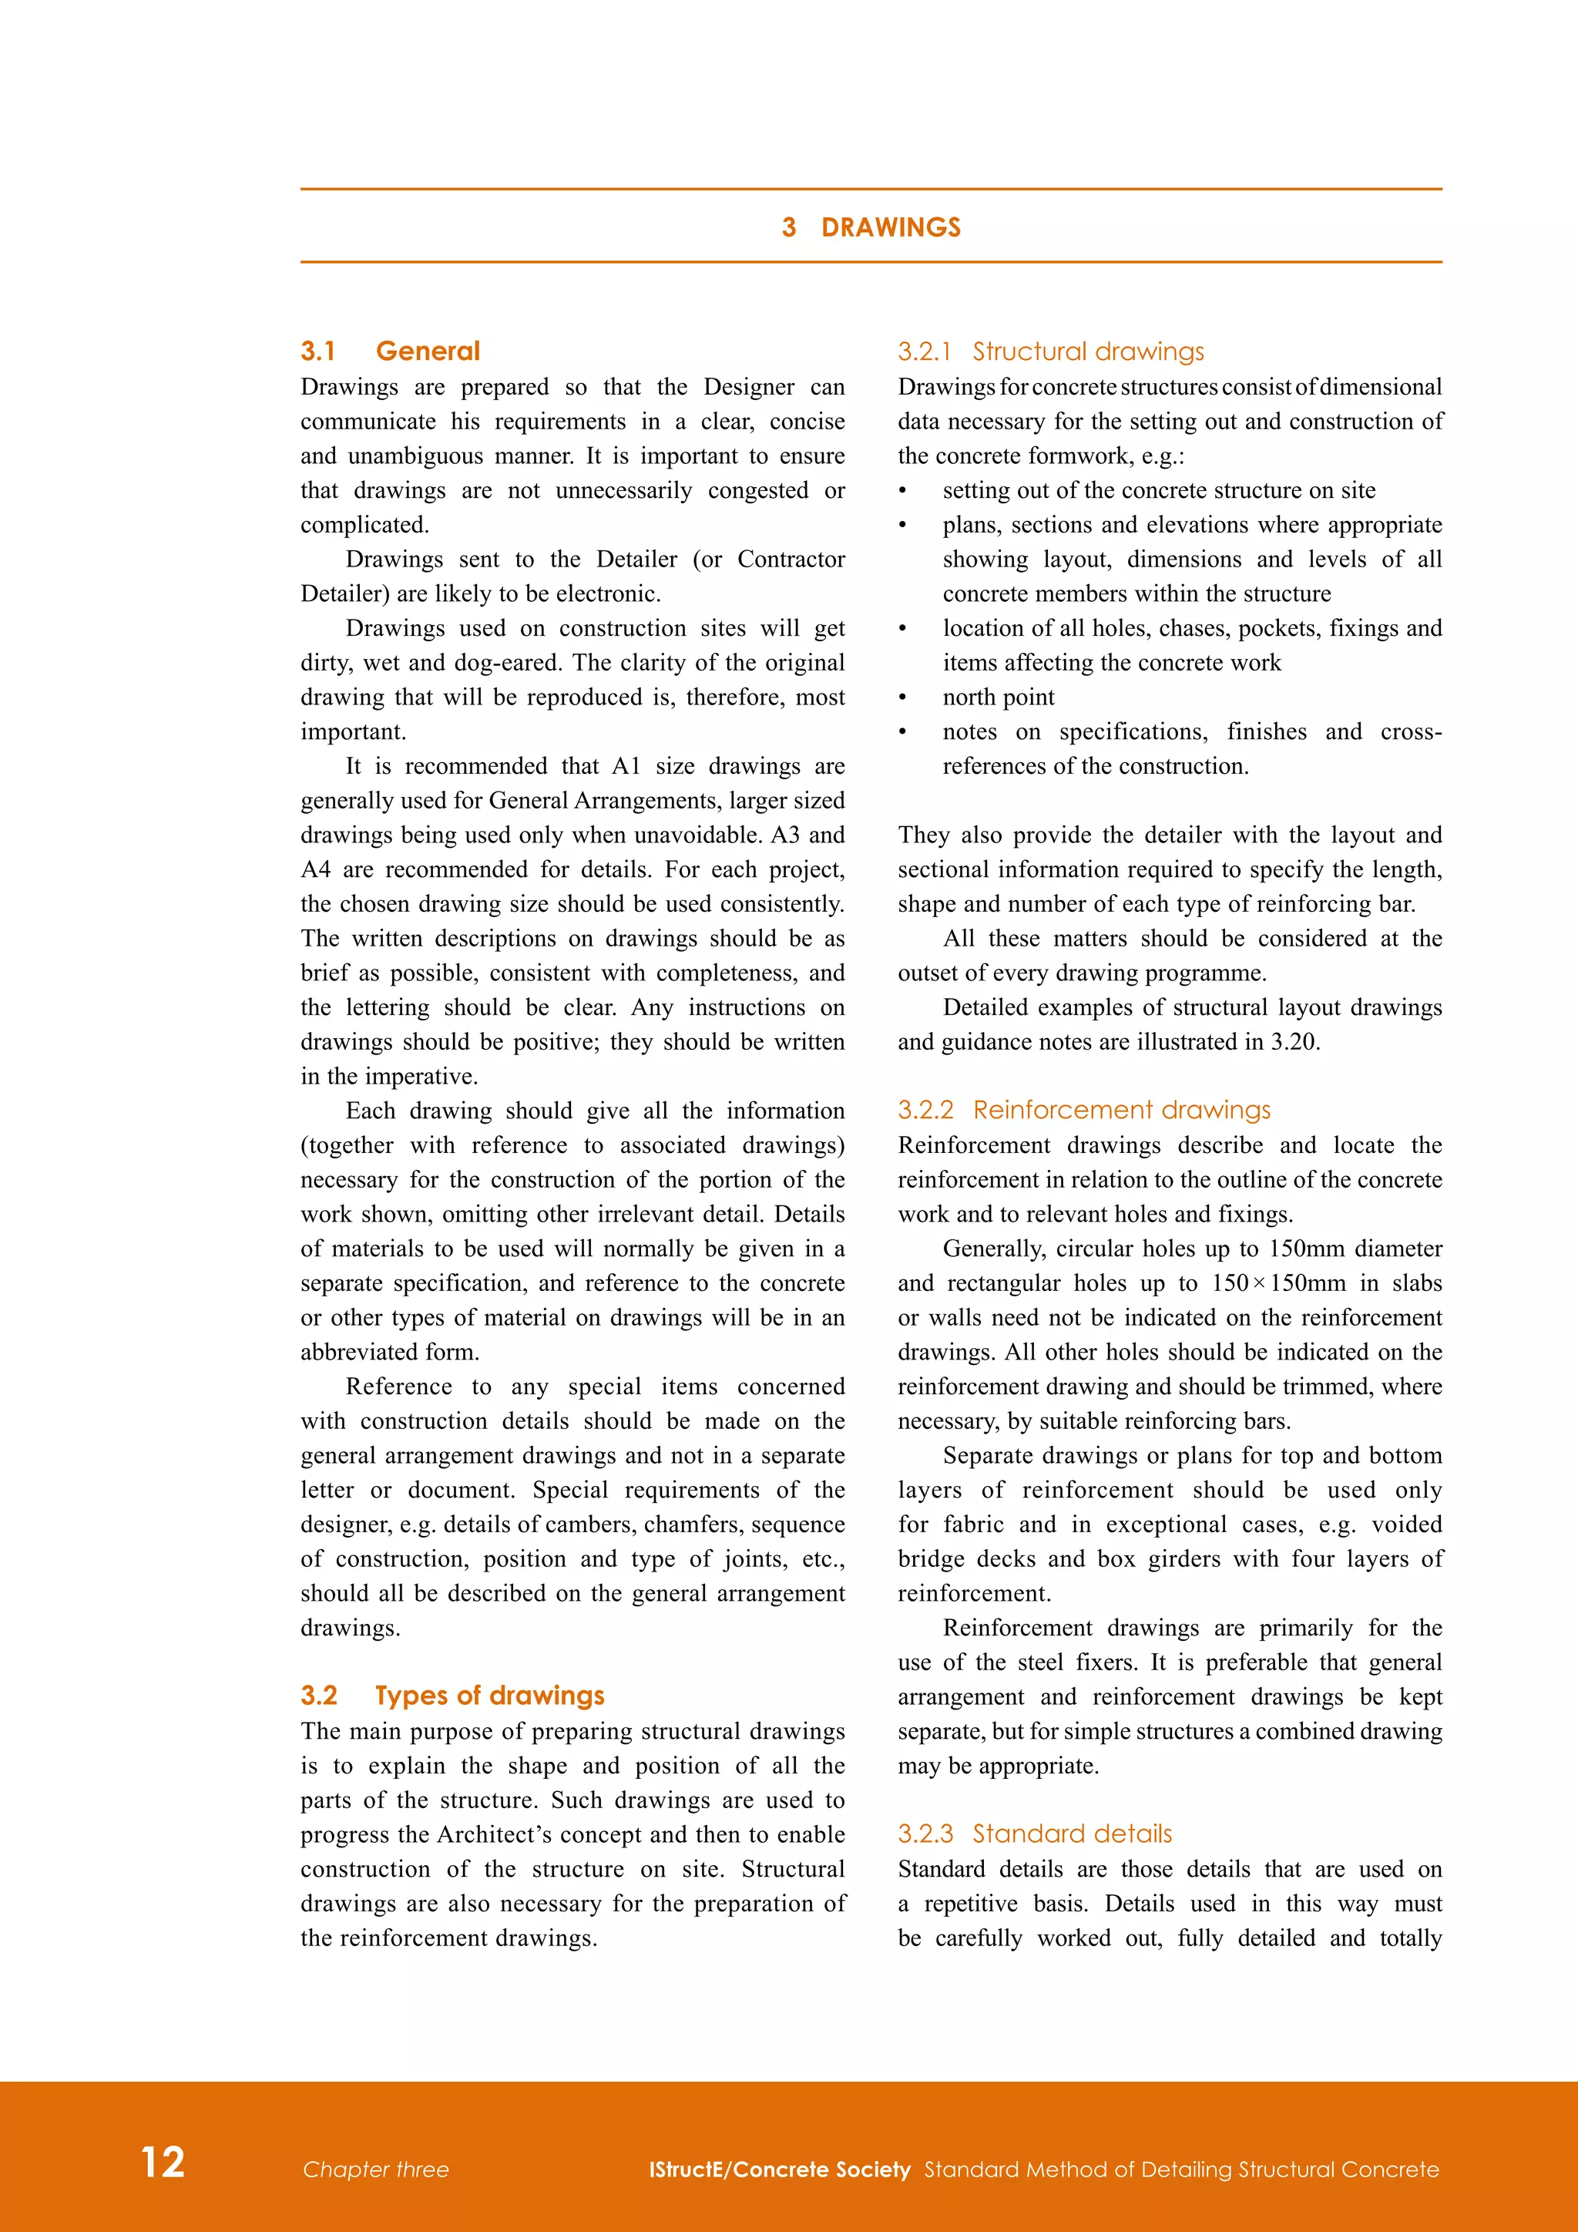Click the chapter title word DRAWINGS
(890, 227)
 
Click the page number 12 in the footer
(163, 2162)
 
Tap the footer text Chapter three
(375, 2169)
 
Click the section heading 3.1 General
(390, 351)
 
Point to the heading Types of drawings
(490, 1696)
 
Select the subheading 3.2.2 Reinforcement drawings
(1083, 1109)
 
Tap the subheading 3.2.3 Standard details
(1035, 1834)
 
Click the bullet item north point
(998, 697)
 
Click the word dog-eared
(505, 663)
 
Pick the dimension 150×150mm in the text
(1279, 1283)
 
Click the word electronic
(607, 594)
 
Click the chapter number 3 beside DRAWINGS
(789, 227)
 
